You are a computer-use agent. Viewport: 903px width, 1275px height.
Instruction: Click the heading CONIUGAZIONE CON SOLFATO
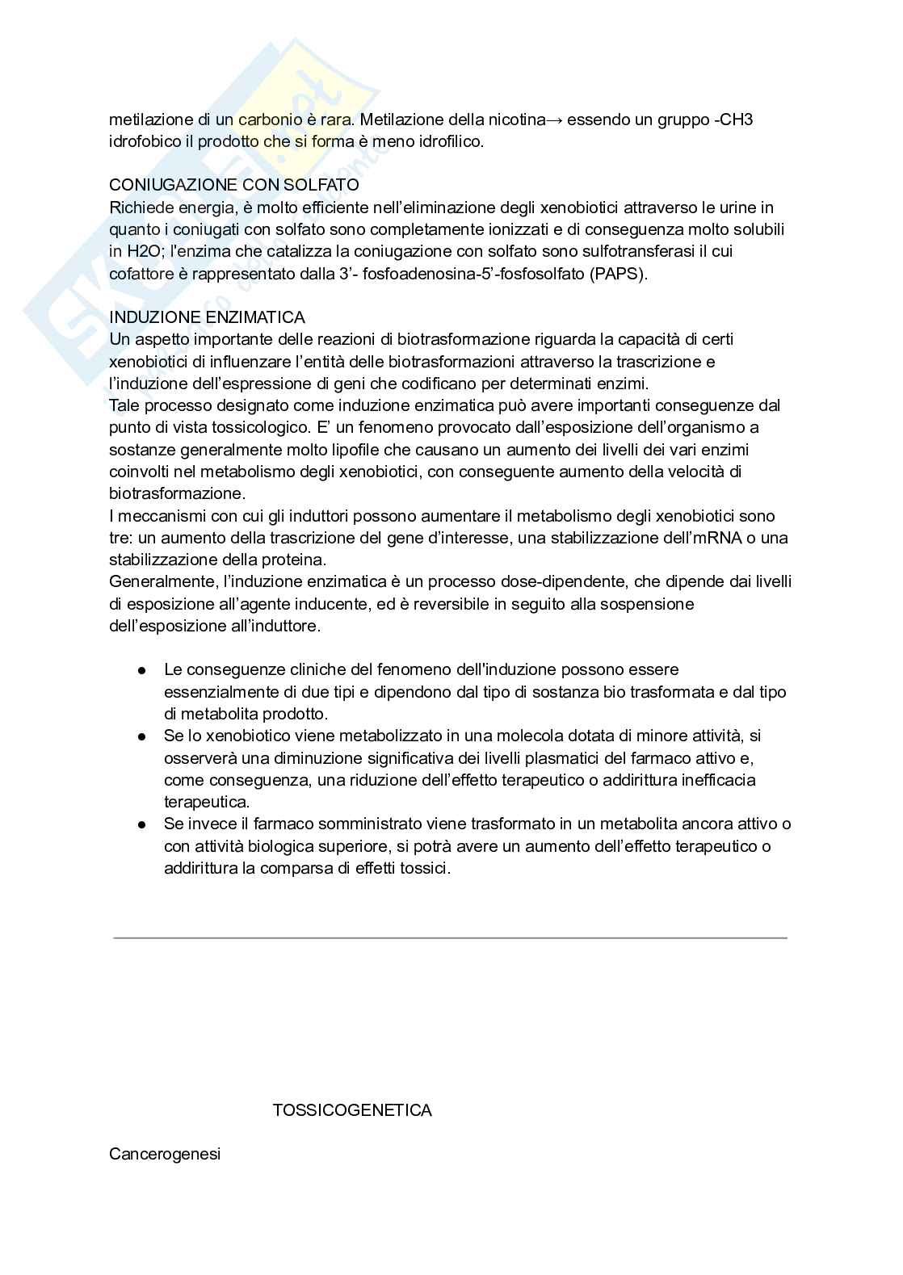click(234, 186)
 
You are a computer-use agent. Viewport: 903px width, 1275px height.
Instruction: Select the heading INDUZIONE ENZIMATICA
click(207, 317)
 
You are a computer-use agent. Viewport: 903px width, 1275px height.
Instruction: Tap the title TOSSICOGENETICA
click(352, 1110)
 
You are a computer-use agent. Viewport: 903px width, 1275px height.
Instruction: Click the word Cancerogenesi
click(165, 1154)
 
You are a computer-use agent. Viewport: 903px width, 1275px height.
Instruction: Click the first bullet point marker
click(142, 670)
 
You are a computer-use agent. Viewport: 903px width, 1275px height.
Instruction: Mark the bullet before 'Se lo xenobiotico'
click(142, 736)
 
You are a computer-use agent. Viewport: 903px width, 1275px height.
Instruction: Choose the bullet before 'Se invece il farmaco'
click(142, 824)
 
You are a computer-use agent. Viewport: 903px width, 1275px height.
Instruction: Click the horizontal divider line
click(450, 937)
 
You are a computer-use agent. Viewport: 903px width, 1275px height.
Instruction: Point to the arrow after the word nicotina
click(555, 120)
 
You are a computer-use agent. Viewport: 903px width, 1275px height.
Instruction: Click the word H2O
click(145, 251)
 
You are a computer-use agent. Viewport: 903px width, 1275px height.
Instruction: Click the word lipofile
click(330, 449)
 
